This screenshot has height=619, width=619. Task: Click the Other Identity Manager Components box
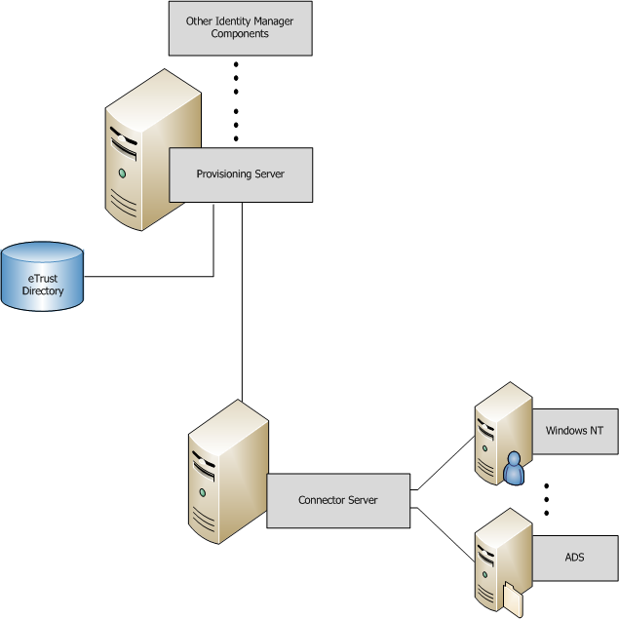pyautogui.click(x=240, y=27)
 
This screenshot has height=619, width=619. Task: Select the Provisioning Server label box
pyautogui.click(x=241, y=174)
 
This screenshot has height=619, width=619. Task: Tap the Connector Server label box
pyautogui.click(x=338, y=501)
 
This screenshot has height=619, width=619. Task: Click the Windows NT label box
pyautogui.click(x=575, y=431)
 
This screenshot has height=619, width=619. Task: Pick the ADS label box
pyautogui.click(x=575, y=559)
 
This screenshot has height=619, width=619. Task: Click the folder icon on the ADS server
pyautogui.click(x=513, y=597)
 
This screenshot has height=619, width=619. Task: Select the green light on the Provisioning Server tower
pyautogui.click(x=123, y=174)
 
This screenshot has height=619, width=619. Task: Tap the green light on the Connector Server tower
pyautogui.click(x=203, y=493)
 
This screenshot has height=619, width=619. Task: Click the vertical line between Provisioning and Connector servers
pyautogui.click(x=242, y=302)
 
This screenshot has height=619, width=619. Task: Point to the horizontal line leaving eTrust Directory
pyautogui.click(x=146, y=276)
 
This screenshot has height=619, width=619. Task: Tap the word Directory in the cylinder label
pyautogui.click(x=43, y=290)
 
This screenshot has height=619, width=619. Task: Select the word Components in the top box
pyautogui.click(x=240, y=34)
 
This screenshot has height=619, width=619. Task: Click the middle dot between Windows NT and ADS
pyautogui.click(x=547, y=499)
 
